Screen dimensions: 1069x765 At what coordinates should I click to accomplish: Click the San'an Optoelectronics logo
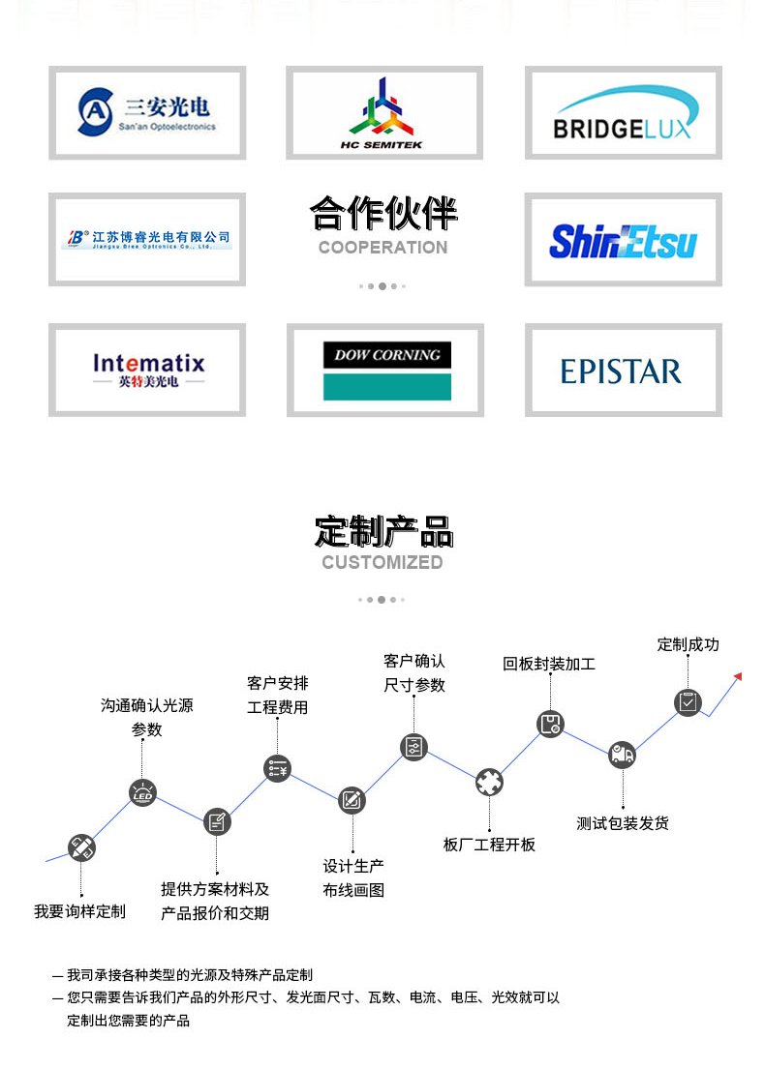147,112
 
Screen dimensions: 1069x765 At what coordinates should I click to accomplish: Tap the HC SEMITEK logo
383,113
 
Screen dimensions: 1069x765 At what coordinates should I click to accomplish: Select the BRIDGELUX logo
623,113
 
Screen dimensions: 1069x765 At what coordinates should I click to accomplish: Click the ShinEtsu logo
623,240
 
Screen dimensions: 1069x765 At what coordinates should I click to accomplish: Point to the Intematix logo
148,370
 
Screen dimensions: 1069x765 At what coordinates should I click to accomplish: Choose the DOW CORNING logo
386,370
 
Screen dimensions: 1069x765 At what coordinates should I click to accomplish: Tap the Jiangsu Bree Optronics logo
148,239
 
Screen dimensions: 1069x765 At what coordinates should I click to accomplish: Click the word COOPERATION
382,248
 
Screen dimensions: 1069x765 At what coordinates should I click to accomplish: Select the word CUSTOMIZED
382,563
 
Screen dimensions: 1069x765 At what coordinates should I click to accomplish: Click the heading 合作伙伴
383,214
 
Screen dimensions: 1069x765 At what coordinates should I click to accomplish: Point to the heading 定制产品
383,531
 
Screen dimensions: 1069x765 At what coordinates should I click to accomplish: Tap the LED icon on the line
143,793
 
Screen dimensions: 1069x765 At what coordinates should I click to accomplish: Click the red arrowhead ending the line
739,676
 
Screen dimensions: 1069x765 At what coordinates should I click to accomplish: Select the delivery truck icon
622,755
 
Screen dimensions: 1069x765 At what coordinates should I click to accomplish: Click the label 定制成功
688,644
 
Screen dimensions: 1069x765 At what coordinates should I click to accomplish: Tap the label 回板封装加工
549,664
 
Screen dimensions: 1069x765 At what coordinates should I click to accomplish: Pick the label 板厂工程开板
489,845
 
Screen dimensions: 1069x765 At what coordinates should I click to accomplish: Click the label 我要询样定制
79,911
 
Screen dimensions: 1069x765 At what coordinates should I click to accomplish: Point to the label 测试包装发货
623,823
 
